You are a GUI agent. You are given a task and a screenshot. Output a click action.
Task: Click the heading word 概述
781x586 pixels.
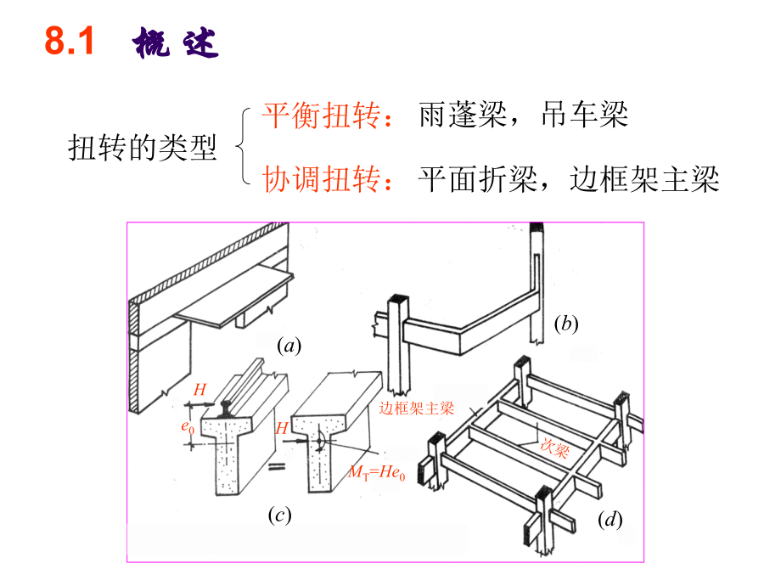pyautogui.click(x=176, y=43)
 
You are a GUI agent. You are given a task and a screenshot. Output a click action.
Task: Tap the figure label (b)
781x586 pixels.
pyautogui.click(x=565, y=324)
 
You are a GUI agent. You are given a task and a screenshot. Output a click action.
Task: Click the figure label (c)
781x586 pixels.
pyautogui.click(x=279, y=516)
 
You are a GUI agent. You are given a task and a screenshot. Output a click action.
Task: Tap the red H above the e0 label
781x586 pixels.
pyautogui.click(x=199, y=390)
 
